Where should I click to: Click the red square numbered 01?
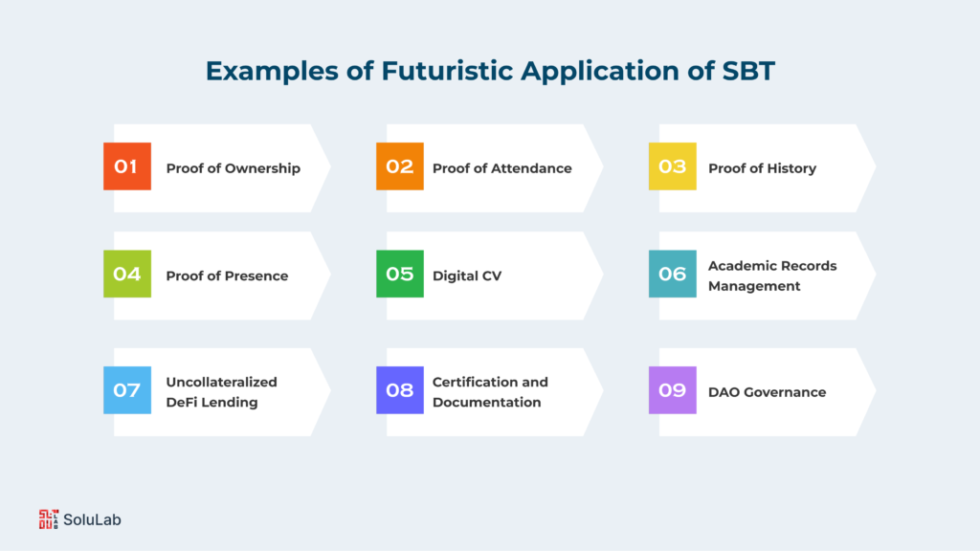(126, 166)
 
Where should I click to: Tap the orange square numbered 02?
(399, 166)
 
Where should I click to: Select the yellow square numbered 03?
(672, 166)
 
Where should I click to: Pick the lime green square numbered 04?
(126, 275)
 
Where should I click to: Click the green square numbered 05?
(399, 275)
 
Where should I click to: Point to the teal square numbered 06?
(672, 275)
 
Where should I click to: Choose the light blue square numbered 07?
(126, 390)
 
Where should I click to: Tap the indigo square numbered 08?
(399, 390)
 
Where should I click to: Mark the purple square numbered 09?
(672, 390)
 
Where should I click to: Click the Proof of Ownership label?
(233, 168)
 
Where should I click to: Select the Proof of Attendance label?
(501, 168)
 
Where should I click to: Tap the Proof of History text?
(762, 168)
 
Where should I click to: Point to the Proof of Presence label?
(227, 275)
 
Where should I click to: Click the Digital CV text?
(467, 275)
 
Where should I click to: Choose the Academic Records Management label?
(771, 275)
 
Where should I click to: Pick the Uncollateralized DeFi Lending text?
(221, 392)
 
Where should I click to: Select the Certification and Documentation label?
(490, 392)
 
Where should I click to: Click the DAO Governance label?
(767, 391)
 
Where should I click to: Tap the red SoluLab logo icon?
(48, 519)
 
